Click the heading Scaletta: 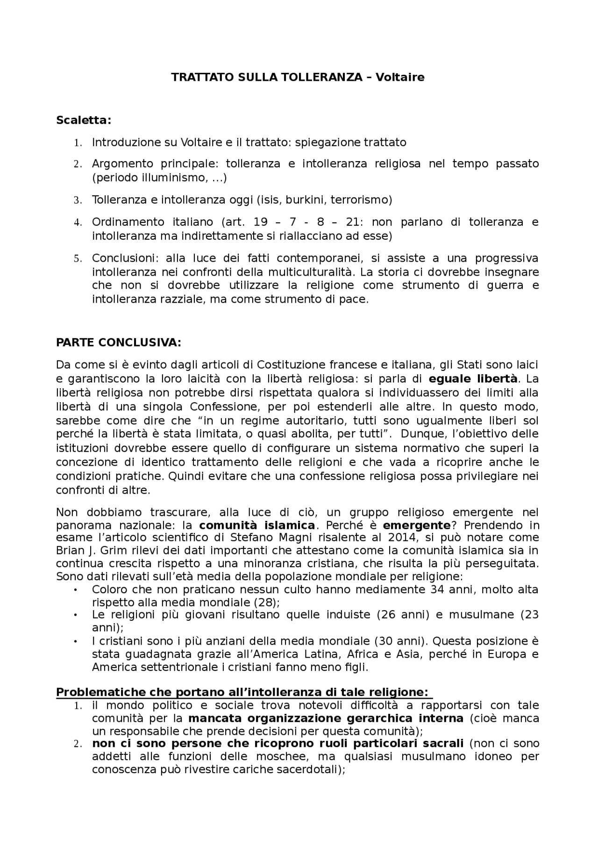point(84,120)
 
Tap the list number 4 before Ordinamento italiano point(78,222)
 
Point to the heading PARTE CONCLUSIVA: point(118,342)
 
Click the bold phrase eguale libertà point(473,378)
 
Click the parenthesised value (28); point(266,602)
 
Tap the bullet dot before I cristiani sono point(76,641)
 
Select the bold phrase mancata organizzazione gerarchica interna point(326,718)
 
